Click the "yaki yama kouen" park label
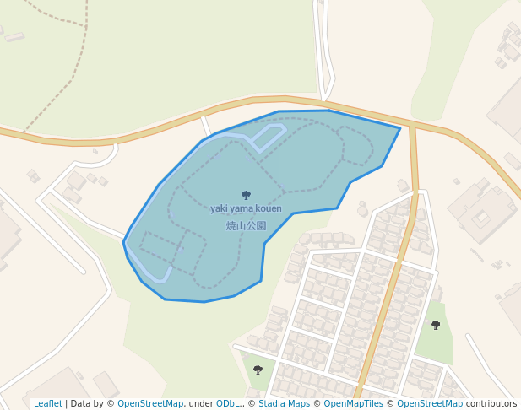tap(246, 208)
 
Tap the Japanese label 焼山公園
tap(246, 226)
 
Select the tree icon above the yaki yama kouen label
tap(246, 195)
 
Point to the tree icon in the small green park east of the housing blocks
tap(436, 325)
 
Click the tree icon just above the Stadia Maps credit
tap(258, 370)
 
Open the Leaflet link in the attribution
tap(47, 403)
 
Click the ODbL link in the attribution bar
tap(228, 403)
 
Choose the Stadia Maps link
tap(285, 403)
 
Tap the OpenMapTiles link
tap(353, 403)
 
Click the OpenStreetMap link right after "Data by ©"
tap(150, 403)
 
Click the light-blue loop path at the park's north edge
tap(269, 136)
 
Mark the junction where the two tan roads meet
tap(413, 126)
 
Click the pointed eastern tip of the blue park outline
tap(399, 129)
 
